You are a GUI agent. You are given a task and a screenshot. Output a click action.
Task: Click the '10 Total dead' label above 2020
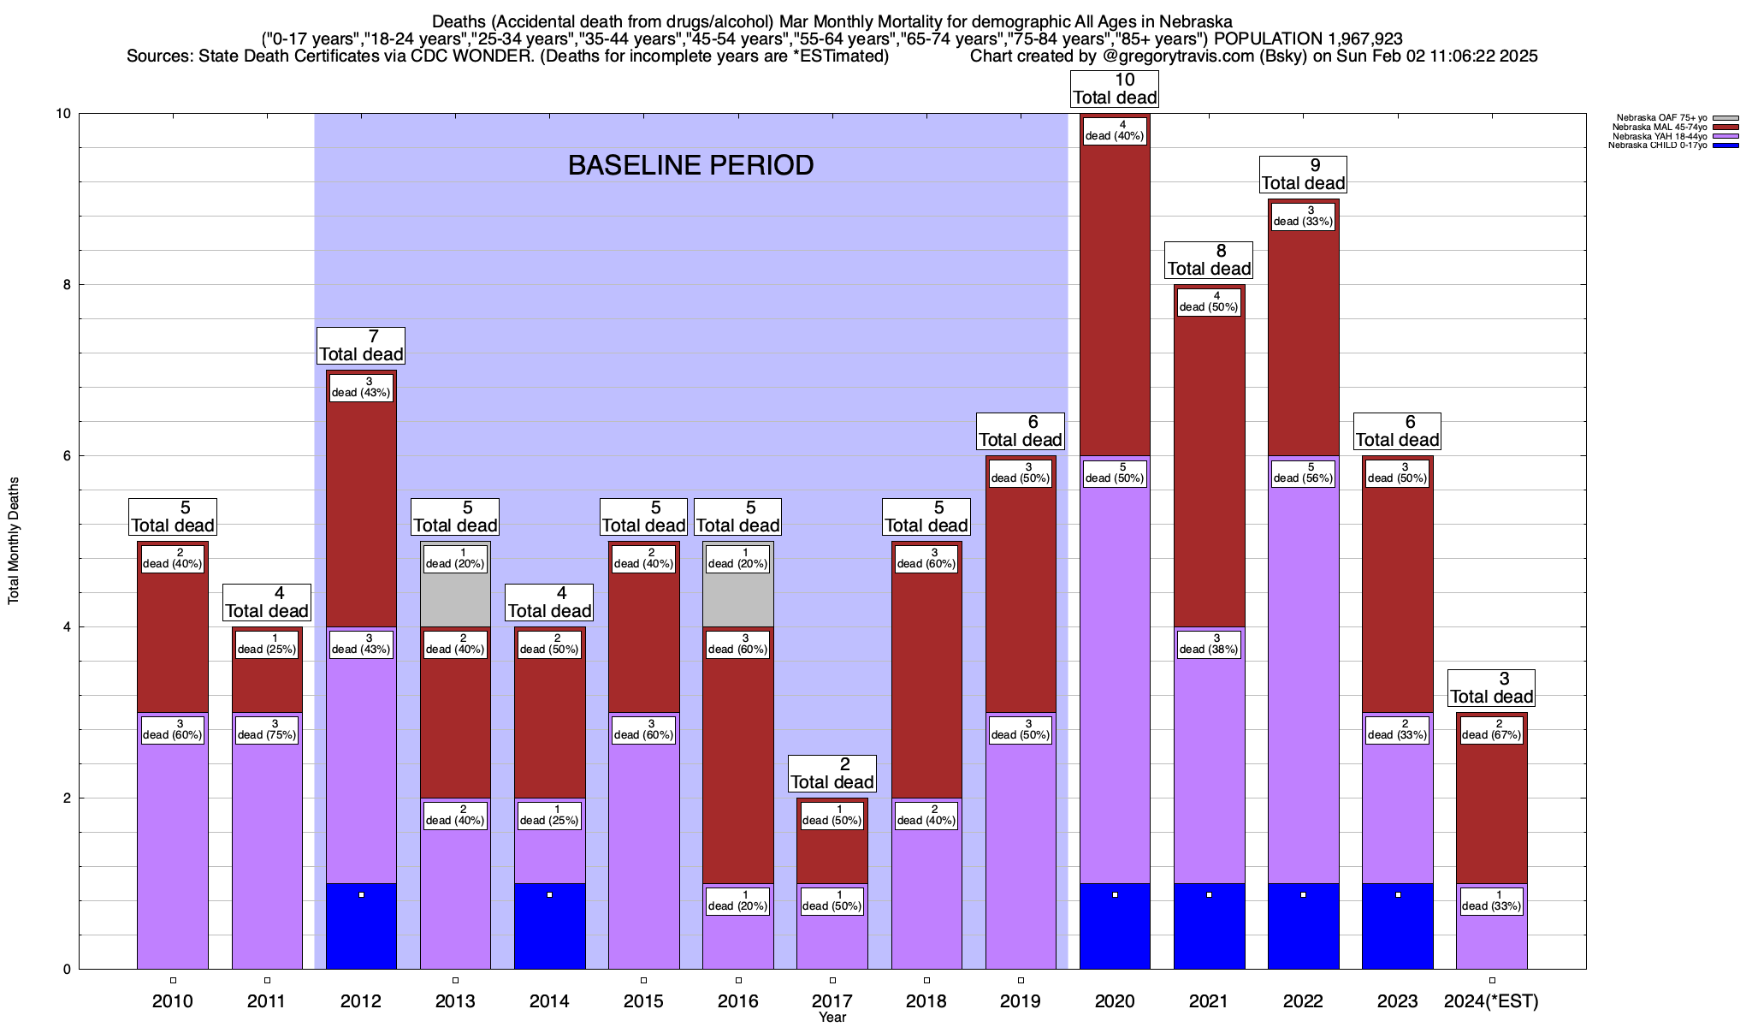(x=1115, y=89)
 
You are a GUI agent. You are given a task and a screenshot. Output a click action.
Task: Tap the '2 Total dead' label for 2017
(x=832, y=774)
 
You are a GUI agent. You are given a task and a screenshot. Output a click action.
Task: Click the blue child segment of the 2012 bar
(x=361, y=926)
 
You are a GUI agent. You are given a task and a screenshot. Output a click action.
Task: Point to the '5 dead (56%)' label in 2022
(x=1303, y=472)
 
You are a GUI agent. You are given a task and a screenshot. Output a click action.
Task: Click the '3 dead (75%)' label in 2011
(x=267, y=729)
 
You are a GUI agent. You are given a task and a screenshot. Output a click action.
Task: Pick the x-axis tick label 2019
(x=1021, y=1001)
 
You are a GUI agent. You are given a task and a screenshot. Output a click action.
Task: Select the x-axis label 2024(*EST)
(x=1491, y=1001)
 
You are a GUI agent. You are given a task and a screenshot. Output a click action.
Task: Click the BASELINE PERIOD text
(x=690, y=165)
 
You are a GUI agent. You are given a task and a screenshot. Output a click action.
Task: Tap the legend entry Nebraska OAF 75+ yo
(x=1660, y=118)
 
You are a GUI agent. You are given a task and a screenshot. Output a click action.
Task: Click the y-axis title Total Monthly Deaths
(x=14, y=541)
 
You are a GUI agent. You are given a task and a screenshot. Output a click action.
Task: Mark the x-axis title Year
(x=832, y=1018)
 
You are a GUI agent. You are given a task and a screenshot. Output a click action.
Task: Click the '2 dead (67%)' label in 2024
(x=1491, y=729)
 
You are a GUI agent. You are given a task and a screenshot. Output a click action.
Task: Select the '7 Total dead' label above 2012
(x=361, y=346)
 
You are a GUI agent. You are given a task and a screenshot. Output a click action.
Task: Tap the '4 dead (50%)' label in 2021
(x=1209, y=301)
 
